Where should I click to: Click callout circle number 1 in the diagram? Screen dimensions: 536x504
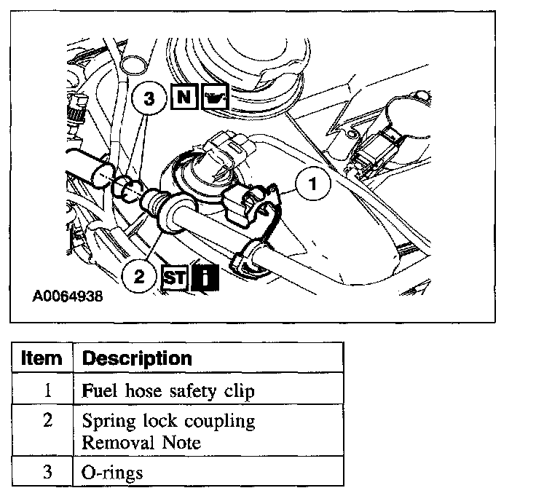pyautogui.click(x=313, y=185)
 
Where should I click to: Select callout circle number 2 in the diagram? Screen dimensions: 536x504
pyautogui.click(x=140, y=276)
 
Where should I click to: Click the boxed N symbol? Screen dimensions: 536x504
pyautogui.click(x=183, y=98)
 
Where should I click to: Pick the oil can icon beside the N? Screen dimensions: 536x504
pyautogui.click(x=215, y=98)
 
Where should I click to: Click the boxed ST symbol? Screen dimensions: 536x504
pyautogui.click(x=176, y=277)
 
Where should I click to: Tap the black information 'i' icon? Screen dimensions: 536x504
pyautogui.click(x=206, y=277)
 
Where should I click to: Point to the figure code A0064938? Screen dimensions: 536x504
pyautogui.click(x=67, y=297)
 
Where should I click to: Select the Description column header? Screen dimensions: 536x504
pyautogui.click(x=137, y=358)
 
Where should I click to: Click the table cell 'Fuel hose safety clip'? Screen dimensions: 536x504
pyautogui.click(x=168, y=390)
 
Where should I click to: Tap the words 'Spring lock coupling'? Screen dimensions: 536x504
pyautogui.click(x=168, y=421)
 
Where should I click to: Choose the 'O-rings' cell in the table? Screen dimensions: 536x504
pyautogui.click(x=113, y=472)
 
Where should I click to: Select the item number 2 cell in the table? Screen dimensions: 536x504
pyautogui.click(x=47, y=421)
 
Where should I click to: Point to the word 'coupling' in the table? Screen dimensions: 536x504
pyautogui.click(x=220, y=422)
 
